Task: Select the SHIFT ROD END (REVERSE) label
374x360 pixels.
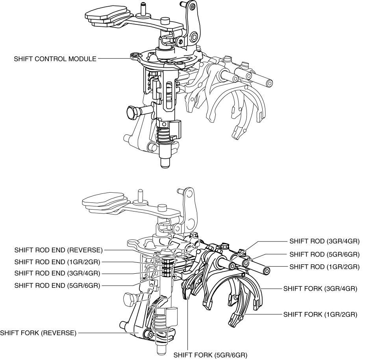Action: point(58,250)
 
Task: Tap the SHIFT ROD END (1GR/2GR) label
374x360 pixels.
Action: point(58,262)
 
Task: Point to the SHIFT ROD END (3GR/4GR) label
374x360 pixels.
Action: point(58,273)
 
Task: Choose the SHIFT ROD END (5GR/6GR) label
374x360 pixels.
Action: point(58,285)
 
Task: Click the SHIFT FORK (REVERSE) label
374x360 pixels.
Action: point(38,333)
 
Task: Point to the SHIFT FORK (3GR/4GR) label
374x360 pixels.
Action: point(320,289)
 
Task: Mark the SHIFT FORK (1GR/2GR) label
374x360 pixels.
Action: point(320,314)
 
